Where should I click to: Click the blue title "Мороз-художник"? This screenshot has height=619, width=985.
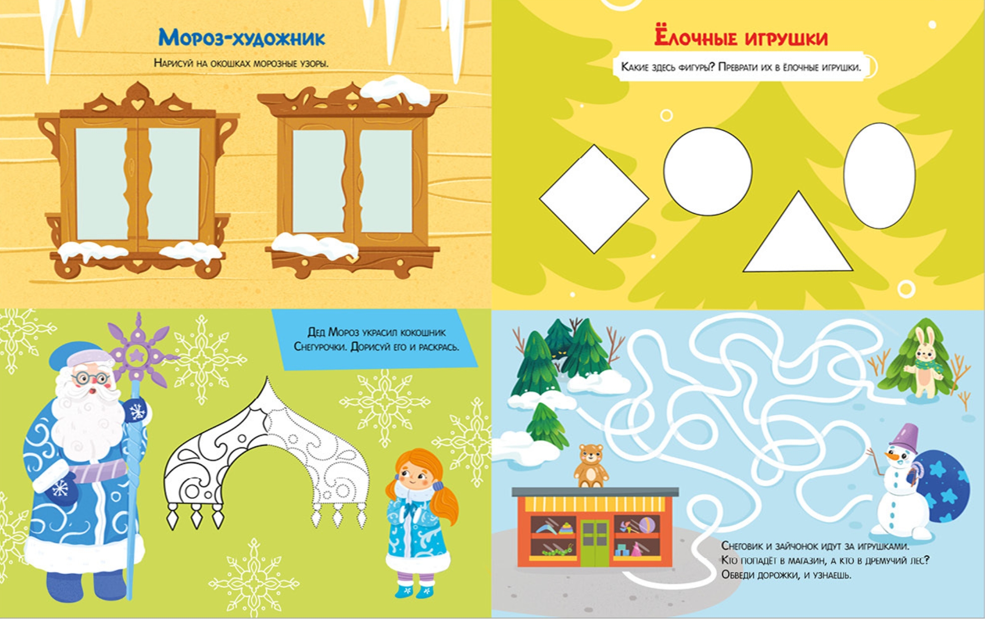242,38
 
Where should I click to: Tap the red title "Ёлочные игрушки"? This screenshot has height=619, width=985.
741,38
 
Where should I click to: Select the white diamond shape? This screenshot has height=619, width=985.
594,199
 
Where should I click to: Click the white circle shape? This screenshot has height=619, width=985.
708,172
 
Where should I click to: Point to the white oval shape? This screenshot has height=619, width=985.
879,176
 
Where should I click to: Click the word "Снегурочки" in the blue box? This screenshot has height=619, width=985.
320,346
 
